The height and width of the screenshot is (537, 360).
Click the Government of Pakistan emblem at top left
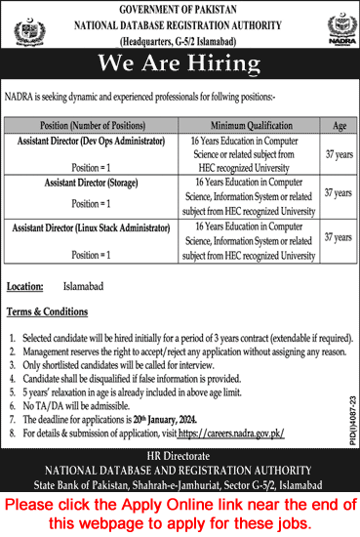[x=28, y=31]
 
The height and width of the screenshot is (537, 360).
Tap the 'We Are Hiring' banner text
[x=180, y=64]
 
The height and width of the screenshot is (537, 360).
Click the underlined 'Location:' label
[x=24, y=289]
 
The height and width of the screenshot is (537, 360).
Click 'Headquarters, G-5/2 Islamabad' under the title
[x=180, y=43]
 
